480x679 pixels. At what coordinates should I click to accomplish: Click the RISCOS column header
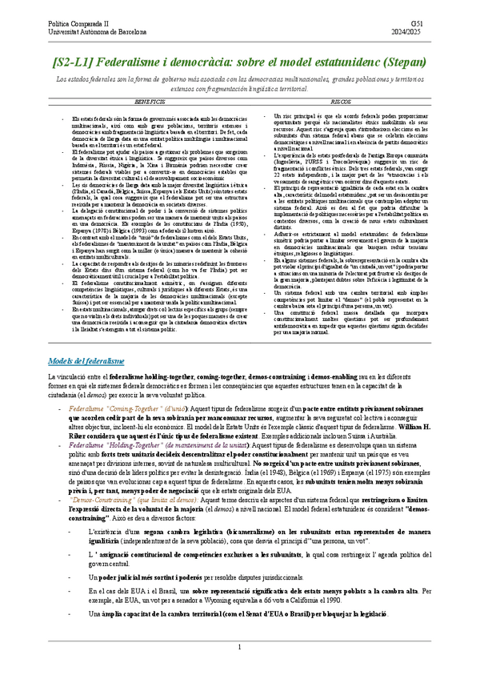pyautogui.click(x=339, y=103)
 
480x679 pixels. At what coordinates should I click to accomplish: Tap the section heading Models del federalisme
pyautogui.click(x=86, y=361)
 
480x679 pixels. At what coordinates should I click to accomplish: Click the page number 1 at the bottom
pyautogui.click(x=239, y=647)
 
